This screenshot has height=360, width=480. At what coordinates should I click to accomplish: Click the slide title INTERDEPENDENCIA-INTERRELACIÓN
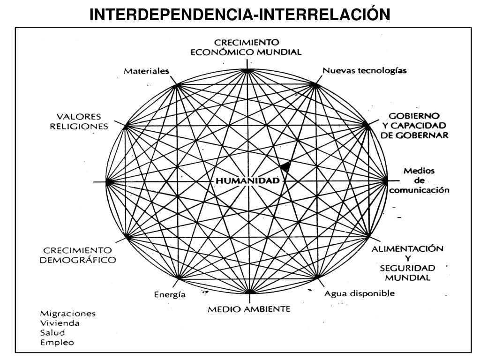tap(240, 15)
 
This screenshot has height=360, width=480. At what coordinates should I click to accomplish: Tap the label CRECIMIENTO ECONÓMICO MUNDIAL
tap(246, 47)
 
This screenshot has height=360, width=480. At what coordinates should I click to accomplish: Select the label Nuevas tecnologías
tap(364, 71)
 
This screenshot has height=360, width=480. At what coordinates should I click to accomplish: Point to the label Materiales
tap(146, 71)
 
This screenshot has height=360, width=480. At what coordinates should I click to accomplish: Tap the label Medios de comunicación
tap(419, 180)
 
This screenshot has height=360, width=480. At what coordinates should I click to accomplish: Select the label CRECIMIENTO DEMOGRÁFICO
tap(78, 255)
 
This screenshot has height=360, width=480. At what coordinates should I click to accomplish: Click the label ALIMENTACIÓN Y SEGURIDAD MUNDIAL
tap(407, 263)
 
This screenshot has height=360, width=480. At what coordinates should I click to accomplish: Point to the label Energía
tap(170, 295)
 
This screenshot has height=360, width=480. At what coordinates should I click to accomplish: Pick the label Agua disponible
tap(360, 294)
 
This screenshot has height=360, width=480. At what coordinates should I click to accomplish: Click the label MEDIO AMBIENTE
tap(249, 309)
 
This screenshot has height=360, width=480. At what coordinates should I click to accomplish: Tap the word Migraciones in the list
tap(67, 314)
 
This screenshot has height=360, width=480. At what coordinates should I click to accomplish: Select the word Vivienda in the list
tap(60, 323)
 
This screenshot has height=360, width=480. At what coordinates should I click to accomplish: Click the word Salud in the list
tap(52, 332)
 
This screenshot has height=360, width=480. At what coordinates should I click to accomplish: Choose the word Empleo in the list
tap(57, 342)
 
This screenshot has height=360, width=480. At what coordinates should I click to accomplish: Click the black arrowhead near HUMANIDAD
tap(285, 166)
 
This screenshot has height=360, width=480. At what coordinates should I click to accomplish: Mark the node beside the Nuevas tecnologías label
tap(315, 85)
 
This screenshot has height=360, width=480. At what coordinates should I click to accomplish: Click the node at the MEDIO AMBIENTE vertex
tap(250, 292)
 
